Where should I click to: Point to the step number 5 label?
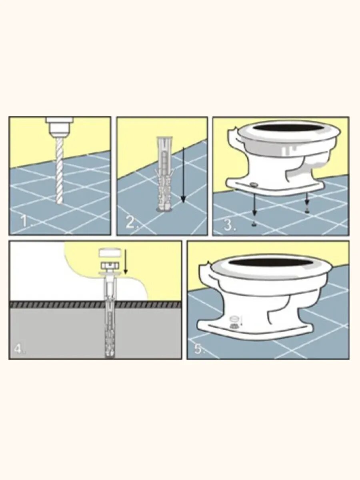pos(200,348)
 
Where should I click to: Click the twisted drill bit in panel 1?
pos(59,170)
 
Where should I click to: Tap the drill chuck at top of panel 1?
pos(59,127)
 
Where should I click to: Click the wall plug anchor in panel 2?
pos(164,174)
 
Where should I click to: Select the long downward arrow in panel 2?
pos(183,175)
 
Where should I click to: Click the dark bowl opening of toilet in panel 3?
pos(287,128)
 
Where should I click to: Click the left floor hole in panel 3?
pos(254,224)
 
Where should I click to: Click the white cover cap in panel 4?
pos(110,252)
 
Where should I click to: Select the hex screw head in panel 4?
pos(110,266)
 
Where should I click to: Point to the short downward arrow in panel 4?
pos(125,262)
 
